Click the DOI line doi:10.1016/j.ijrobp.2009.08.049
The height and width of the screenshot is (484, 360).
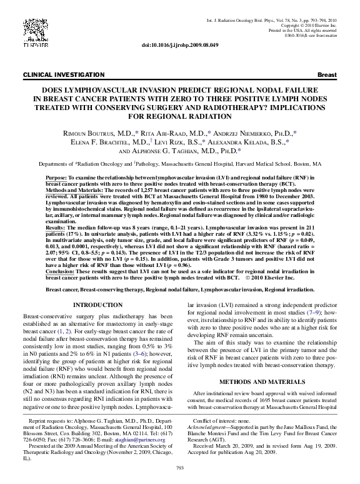(179, 45)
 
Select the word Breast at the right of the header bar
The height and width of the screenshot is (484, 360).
(328, 74)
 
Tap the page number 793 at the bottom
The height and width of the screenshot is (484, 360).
(180, 468)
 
